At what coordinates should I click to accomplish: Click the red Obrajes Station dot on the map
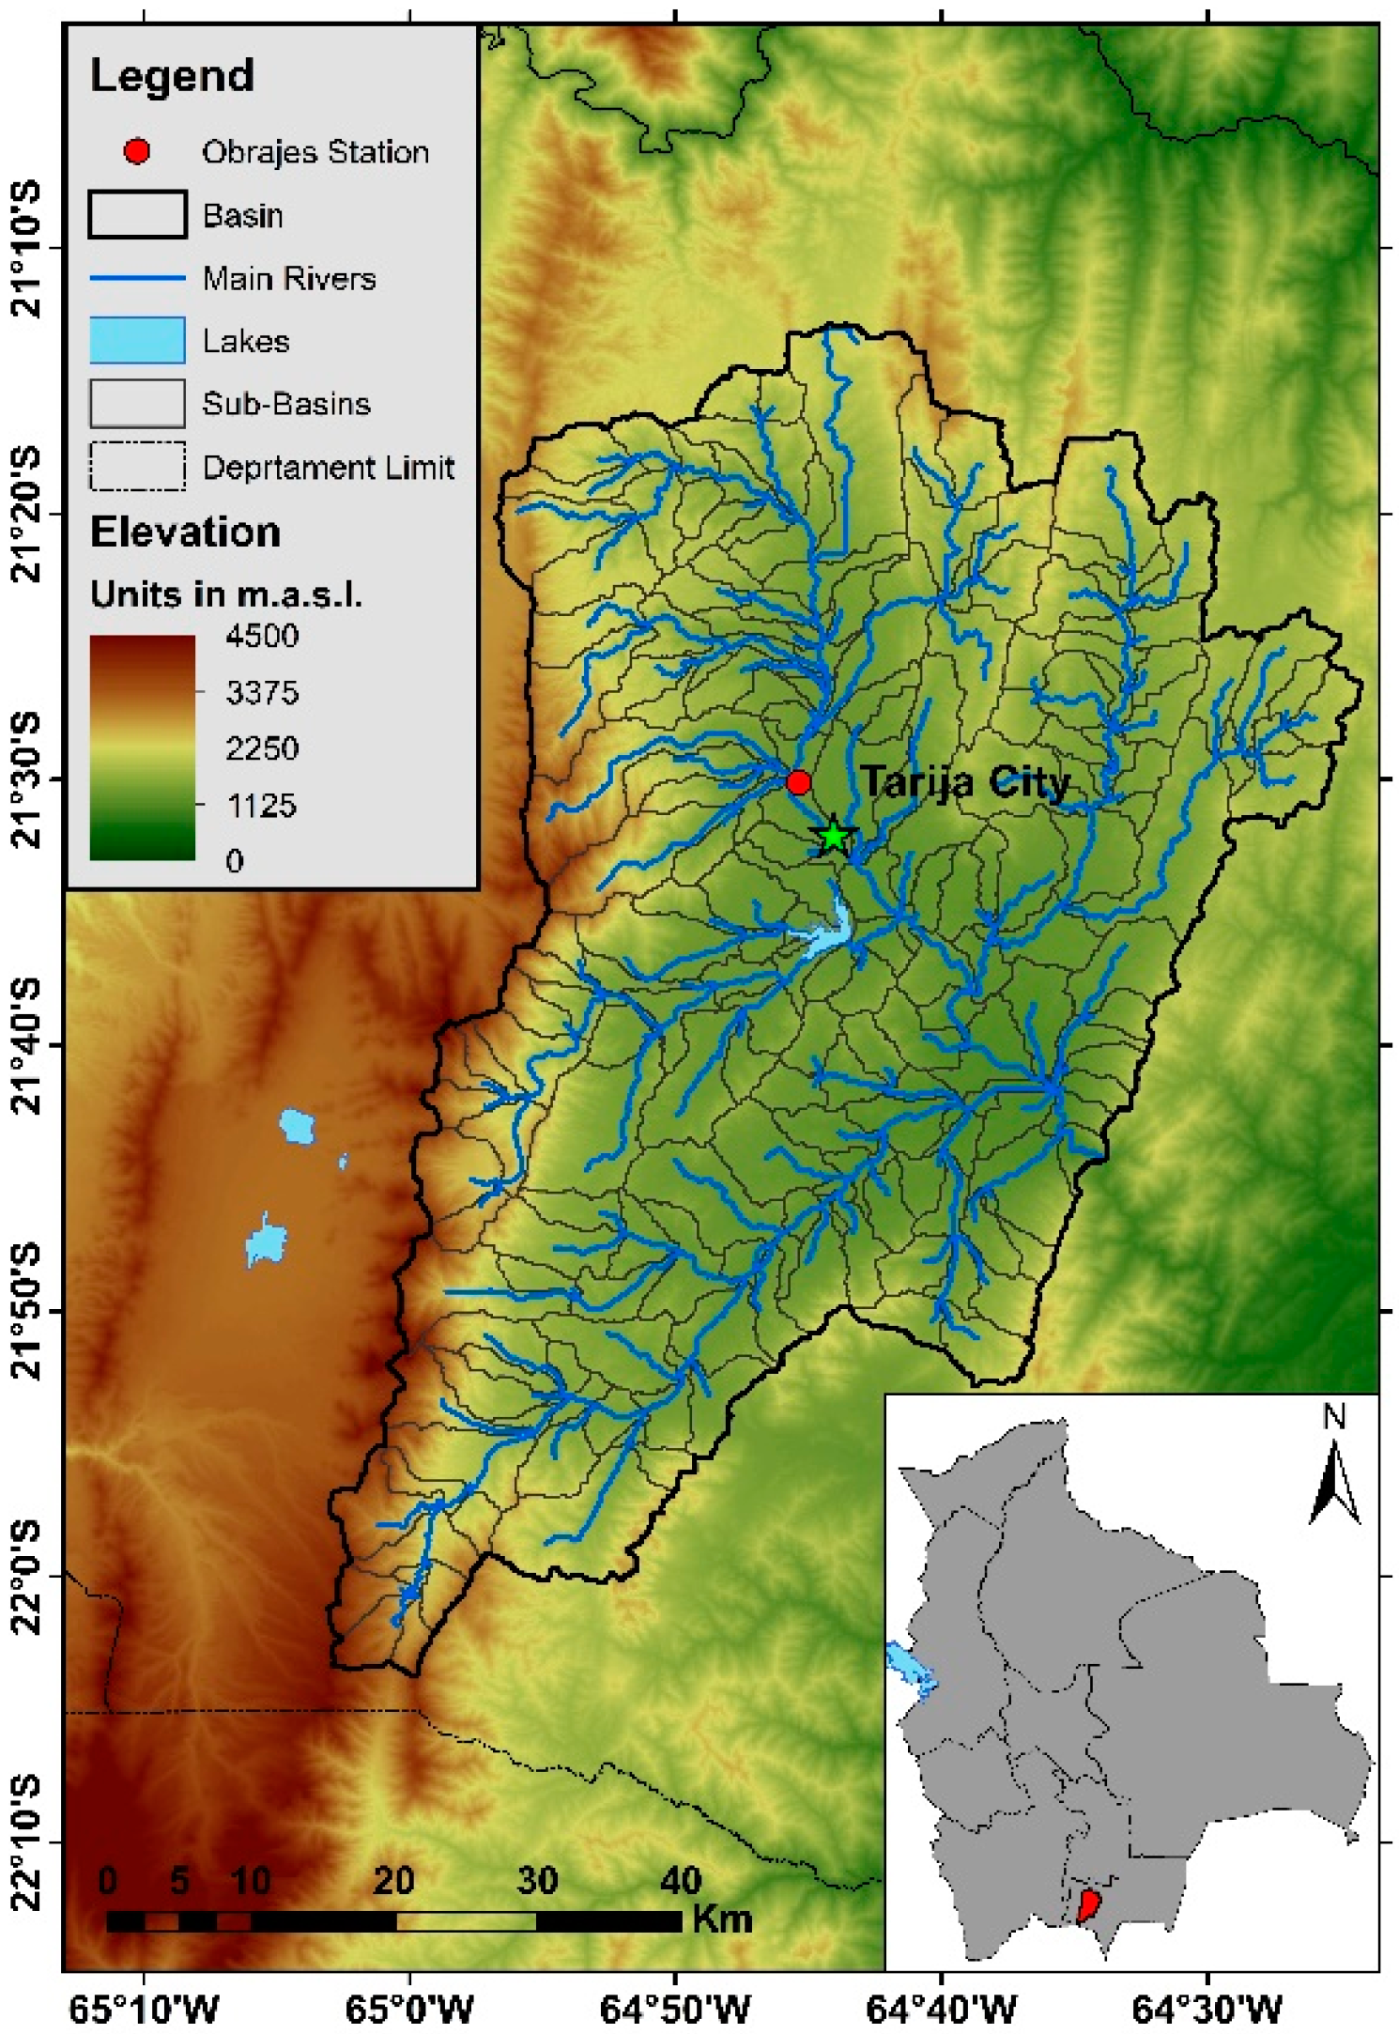[798, 781]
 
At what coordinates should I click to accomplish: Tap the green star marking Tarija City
[833, 836]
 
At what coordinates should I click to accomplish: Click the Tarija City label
[965, 781]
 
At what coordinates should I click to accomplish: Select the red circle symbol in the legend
[137, 151]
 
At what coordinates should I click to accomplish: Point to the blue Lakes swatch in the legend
[137, 340]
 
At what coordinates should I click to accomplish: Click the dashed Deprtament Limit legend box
[137, 467]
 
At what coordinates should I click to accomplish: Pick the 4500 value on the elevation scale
[262, 636]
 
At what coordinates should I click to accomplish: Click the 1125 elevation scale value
[262, 805]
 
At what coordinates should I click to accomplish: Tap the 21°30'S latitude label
[28, 779]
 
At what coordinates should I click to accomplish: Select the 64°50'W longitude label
[675, 2011]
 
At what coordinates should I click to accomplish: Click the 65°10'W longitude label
[144, 2011]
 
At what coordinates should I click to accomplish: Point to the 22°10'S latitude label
[28, 1842]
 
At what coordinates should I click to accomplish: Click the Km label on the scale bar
[722, 1918]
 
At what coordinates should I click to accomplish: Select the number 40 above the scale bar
[681, 1880]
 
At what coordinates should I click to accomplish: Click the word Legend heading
[172, 75]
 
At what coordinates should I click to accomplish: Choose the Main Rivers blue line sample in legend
[137, 278]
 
